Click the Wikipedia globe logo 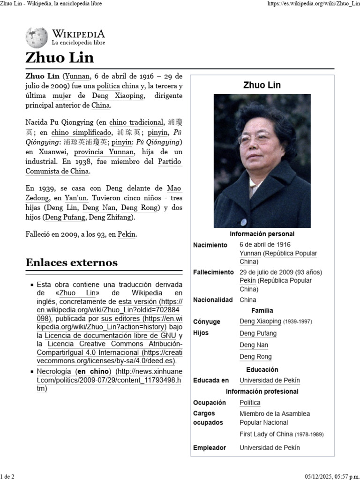tap(37, 37)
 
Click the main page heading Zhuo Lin tap(60, 58)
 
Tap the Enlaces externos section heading tap(72, 262)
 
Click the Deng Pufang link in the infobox tap(258, 333)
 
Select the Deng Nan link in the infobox tap(254, 345)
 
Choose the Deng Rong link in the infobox tap(255, 357)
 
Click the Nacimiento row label tap(210, 245)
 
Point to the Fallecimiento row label tap(213, 272)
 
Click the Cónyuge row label tap(207, 322)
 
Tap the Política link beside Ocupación tap(250, 403)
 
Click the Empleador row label tap(209, 448)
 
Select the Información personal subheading tap(262, 234)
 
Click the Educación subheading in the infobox tap(262, 369)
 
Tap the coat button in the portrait tap(243, 222)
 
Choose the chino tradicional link tap(137, 123)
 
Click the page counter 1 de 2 tap(7, 476)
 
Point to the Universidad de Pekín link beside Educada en tap(270, 381)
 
